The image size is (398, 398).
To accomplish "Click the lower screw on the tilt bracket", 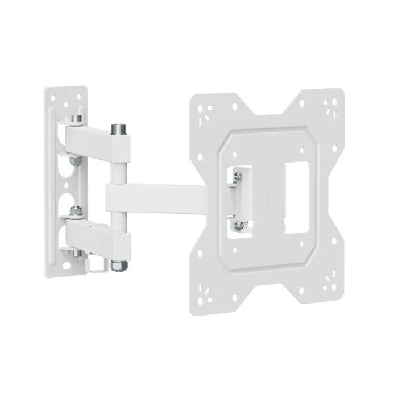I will (x=239, y=226).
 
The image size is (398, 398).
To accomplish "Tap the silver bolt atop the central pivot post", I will (x=119, y=129).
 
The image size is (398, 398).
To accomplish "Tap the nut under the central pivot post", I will (x=119, y=264).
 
